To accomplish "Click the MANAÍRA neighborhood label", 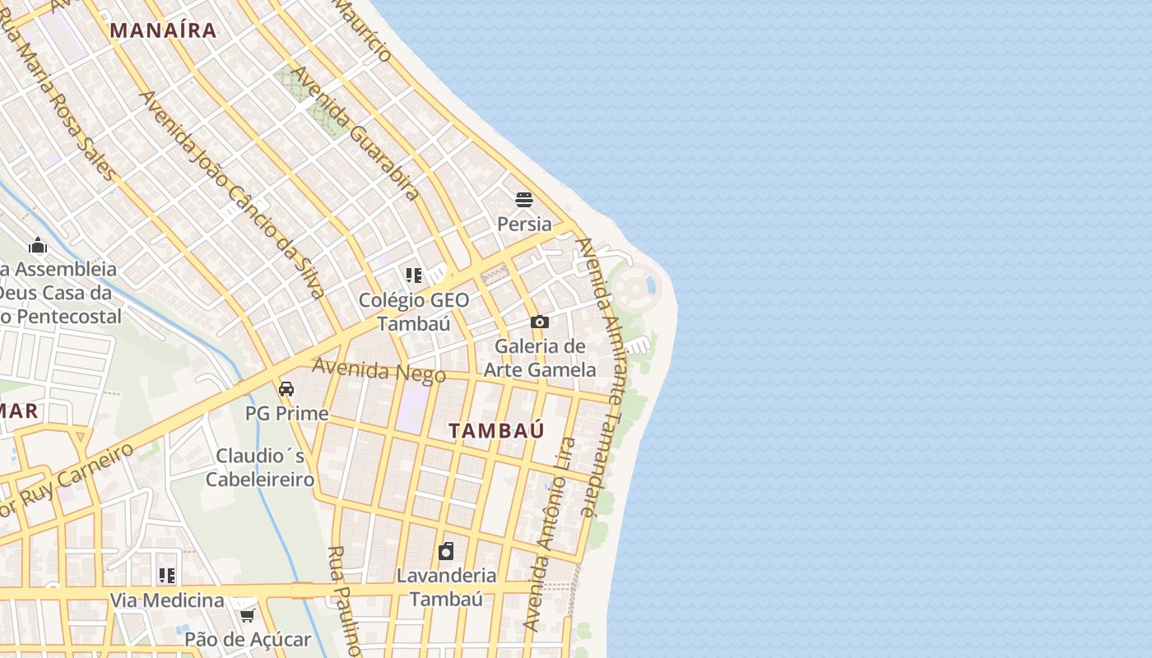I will coord(163,31).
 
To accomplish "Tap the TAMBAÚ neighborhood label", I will coord(496,430).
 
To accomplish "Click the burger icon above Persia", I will coord(524,199).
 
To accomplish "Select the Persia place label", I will coord(524,224).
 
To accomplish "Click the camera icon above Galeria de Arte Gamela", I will coord(540,322).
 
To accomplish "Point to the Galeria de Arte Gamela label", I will coord(540,358).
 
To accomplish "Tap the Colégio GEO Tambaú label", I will coord(414,312).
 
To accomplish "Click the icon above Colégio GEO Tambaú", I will coord(414,275).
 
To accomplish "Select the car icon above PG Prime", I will coord(286,388).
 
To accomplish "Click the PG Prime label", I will coord(286,413).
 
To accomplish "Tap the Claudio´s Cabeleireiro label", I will coord(260,467).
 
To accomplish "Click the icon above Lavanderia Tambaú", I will coord(446,551).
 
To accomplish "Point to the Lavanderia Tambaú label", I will coord(446,586).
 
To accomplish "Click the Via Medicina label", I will coord(167,600).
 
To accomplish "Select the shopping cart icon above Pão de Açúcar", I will coord(247,614).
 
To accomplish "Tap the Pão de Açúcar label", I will coord(247,639).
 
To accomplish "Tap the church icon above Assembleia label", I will coord(38,245).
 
